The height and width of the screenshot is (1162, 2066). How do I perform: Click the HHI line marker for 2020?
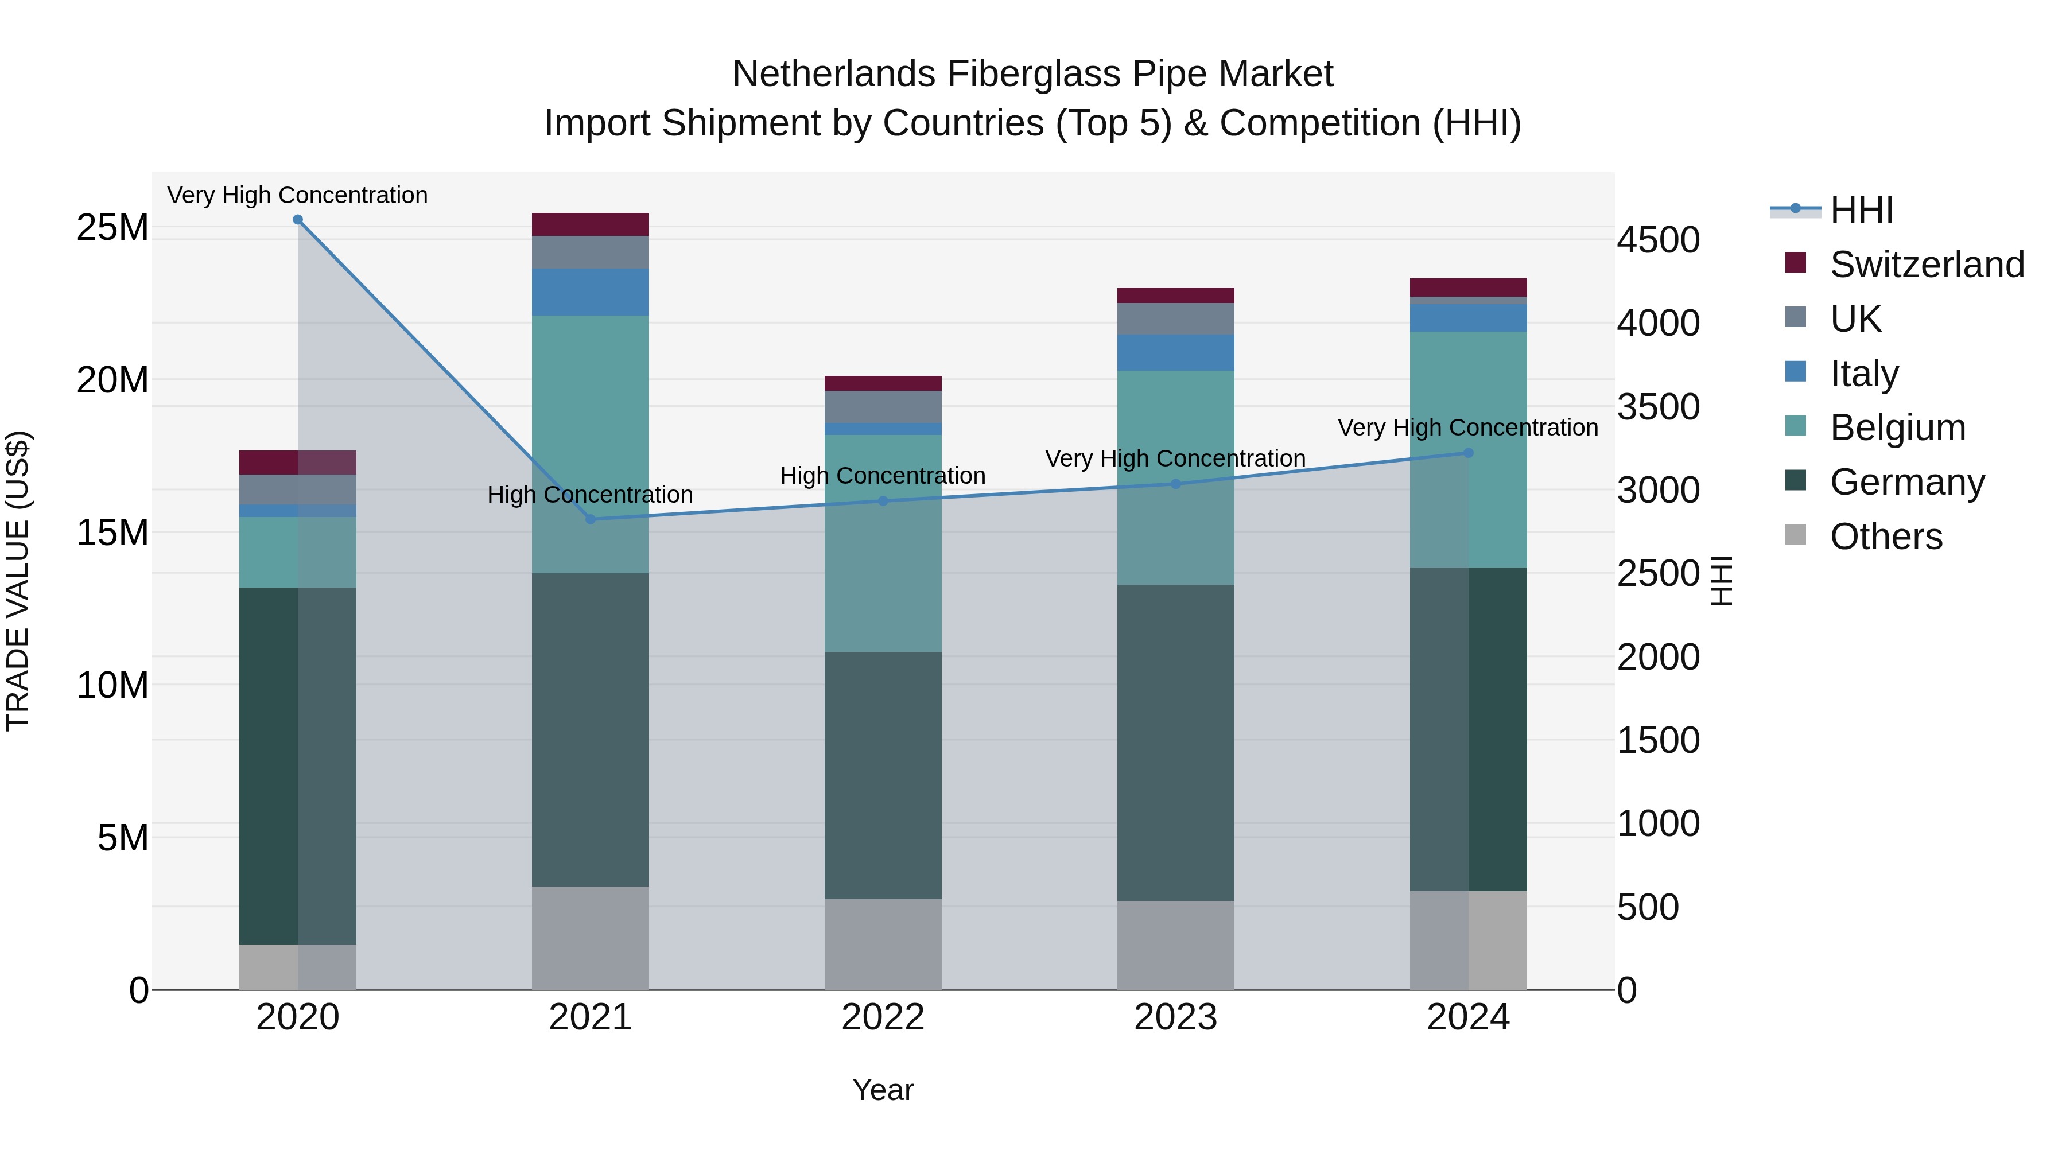(297, 220)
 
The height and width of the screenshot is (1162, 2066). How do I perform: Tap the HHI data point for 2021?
(591, 519)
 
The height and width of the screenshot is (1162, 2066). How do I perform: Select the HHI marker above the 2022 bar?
(883, 501)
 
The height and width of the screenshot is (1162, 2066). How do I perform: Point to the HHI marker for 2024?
(1469, 453)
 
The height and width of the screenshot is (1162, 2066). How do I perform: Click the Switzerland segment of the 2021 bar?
(591, 224)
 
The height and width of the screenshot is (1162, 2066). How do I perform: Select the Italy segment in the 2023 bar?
(1176, 352)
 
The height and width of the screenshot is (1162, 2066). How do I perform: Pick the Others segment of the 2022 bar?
(883, 944)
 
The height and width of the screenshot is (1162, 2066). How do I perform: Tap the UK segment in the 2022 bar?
(883, 407)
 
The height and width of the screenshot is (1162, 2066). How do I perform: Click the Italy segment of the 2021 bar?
(591, 292)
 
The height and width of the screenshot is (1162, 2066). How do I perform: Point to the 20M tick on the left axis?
(112, 380)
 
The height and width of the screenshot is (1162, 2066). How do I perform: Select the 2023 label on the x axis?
(1176, 1017)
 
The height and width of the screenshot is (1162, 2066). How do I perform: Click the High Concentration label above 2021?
(591, 495)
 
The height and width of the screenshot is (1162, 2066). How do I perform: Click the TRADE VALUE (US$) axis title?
(18, 581)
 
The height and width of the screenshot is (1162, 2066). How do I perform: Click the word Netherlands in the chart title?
(834, 74)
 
